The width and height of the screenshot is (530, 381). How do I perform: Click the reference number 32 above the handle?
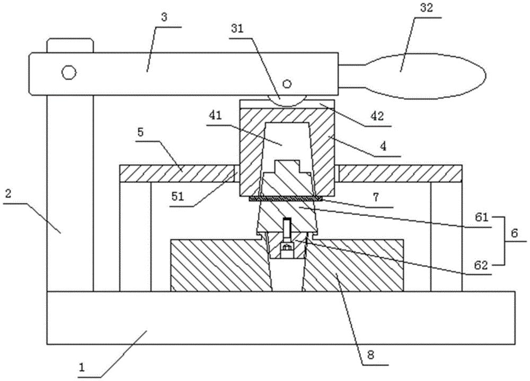pyautogui.click(x=426, y=8)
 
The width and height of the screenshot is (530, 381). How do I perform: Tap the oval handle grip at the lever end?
pyautogui.click(x=412, y=77)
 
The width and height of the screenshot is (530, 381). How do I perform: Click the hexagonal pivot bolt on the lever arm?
pyautogui.click(x=68, y=72)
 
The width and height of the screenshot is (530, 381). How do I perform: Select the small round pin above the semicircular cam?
pyautogui.click(x=287, y=83)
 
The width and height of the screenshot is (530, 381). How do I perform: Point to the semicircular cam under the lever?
pyautogui.click(x=287, y=100)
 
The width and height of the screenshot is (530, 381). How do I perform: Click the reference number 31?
pyautogui.click(x=237, y=29)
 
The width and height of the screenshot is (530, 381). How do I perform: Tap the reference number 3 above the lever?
pyautogui.click(x=164, y=17)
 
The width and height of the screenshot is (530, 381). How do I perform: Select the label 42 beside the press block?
pyautogui.click(x=377, y=116)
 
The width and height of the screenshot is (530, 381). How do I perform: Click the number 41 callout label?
pyautogui.click(x=215, y=115)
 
